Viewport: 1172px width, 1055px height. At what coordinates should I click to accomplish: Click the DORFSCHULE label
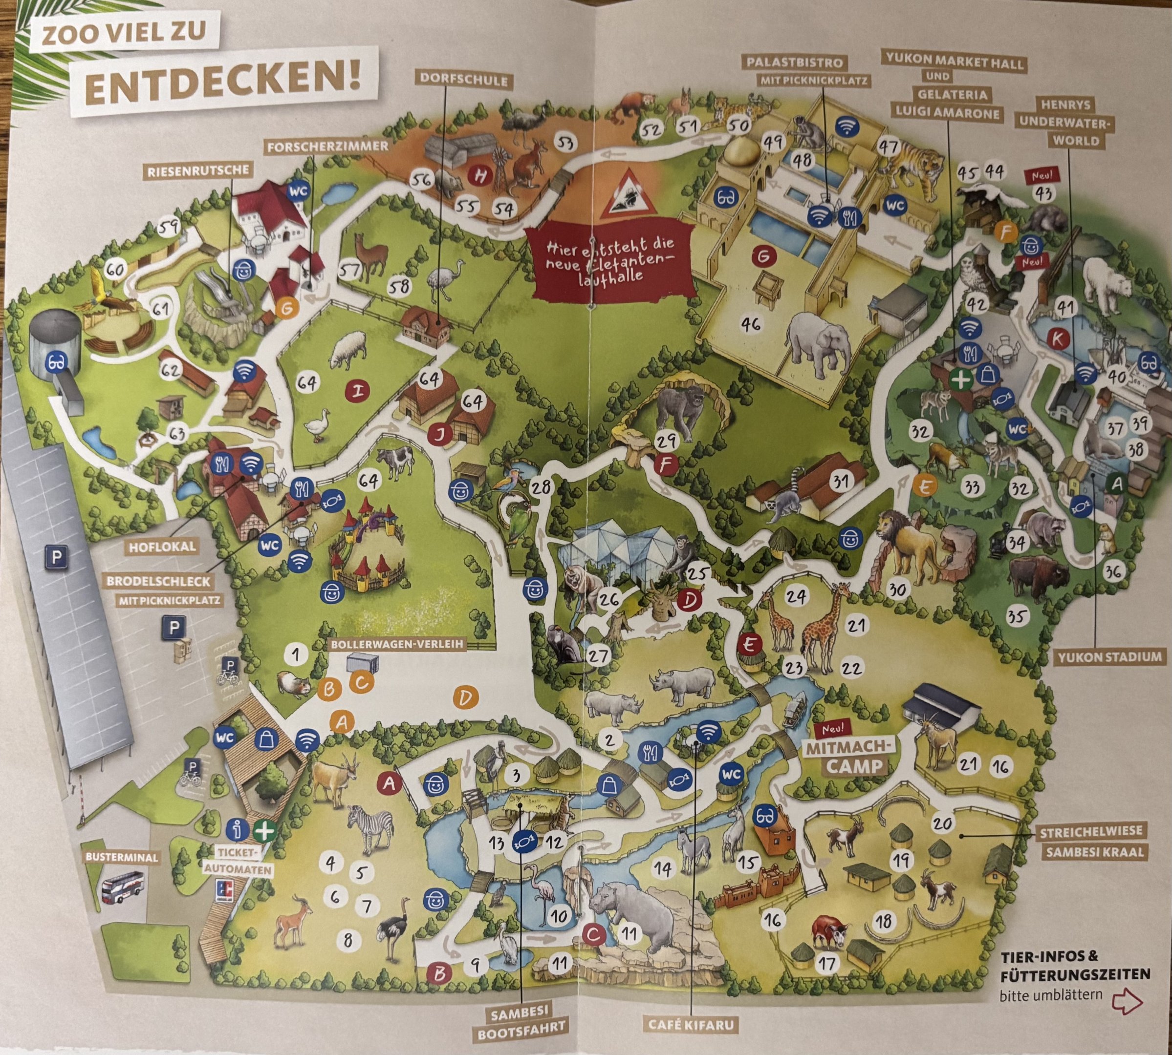463,80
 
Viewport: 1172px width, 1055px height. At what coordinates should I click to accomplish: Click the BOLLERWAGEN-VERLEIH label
397,643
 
